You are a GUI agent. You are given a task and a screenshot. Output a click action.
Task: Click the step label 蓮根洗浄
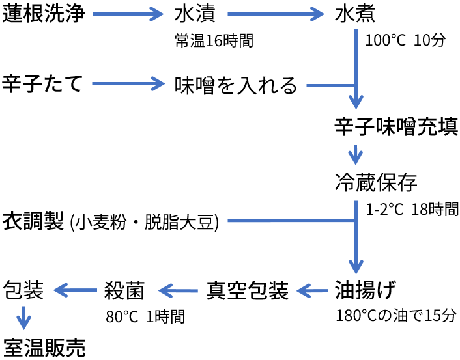pyautogui.click(x=44, y=14)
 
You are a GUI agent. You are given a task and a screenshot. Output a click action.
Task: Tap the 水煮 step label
pyautogui.click(x=355, y=14)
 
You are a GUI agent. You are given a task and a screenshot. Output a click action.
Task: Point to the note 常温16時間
pyautogui.click(x=214, y=40)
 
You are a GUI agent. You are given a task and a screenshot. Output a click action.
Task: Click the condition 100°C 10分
pyautogui.click(x=405, y=40)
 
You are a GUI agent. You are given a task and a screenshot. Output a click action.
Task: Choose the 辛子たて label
pyautogui.click(x=43, y=84)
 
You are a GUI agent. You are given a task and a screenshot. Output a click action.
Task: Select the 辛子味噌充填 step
pyautogui.click(x=397, y=126)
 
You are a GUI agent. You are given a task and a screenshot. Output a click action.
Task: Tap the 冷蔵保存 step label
pyautogui.click(x=376, y=182)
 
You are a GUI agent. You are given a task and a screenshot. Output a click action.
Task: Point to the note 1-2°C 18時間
pyautogui.click(x=412, y=210)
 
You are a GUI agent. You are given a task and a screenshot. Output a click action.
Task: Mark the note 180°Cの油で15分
pyautogui.click(x=396, y=316)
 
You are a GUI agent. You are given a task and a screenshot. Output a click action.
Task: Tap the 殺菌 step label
pyautogui.click(x=124, y=289)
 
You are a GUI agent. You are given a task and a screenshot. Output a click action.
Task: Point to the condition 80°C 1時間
pyautogui.click(x=145, y=316)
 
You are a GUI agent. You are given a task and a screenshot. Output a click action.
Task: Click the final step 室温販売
pyautogui.click(x=44, y=346)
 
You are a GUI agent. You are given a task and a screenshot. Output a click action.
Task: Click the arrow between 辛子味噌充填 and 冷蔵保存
pyautogui.click(x=355, y=155)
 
